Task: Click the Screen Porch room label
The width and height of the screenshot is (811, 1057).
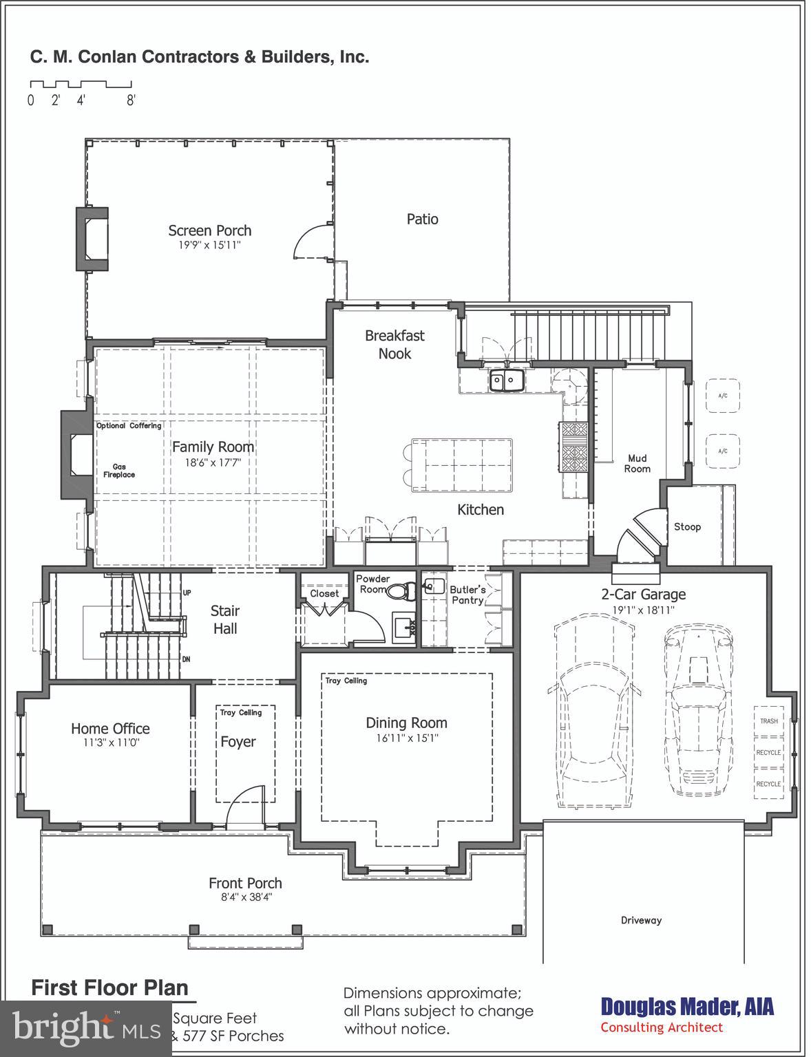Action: tap(210, 231)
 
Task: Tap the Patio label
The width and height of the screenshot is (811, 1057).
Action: tap(422, 219)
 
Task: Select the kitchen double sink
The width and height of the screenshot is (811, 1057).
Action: tap(506, 381)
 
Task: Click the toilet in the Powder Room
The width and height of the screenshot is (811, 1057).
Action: tap(400, 590)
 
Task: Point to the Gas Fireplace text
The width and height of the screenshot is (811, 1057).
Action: tap(119, 471)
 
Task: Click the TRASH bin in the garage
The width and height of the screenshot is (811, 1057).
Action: tap(768, 721)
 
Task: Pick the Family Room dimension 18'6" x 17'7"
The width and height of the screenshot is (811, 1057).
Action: tap(213, 462)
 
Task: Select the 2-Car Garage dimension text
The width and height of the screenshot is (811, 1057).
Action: tap(644, 610)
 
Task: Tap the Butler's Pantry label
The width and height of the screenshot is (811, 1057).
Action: tap(467, 595)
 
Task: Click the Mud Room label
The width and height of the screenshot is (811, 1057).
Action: tap(637, 463)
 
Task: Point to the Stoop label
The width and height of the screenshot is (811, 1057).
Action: tap(687, 526)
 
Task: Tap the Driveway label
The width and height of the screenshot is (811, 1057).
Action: tap(641, 920)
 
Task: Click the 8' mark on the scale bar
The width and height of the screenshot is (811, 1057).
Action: tap(131, 100)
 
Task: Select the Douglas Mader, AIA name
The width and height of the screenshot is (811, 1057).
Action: tap(687, 1007)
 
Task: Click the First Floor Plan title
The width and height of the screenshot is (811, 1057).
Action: tap(109, 987)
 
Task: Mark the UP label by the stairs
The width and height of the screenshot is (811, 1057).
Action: tap(187, 592)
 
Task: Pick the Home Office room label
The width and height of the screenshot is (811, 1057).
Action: tap(110, 728)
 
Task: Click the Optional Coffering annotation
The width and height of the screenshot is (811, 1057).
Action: tap(129, 426)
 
